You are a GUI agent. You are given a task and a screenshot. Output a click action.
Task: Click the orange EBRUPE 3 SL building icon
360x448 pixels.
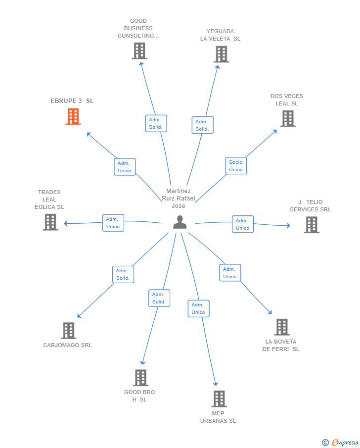tap(73, 116)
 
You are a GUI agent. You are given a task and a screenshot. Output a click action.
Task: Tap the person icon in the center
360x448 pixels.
tap(180, 222)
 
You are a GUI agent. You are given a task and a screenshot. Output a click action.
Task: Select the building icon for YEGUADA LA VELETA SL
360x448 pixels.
tap(221, 54)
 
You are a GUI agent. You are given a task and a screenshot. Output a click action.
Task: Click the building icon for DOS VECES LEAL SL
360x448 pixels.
tap(288, 118)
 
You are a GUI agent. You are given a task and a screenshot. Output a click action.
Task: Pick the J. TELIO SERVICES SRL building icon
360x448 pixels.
tap(311, 225)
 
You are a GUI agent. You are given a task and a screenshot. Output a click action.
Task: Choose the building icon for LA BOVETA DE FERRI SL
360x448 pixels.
tap(282, 327)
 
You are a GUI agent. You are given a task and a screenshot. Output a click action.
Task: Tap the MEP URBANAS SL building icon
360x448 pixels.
tap(219, 398)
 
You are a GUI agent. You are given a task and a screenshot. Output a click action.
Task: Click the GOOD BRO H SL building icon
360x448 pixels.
tap(140, 378)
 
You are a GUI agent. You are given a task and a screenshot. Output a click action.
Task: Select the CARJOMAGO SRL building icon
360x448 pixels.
tap(68, 330)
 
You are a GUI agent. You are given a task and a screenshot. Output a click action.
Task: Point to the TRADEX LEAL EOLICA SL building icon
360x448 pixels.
tap(50, 222)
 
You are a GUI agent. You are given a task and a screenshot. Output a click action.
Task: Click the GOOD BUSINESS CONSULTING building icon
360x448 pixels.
tap(139, 50)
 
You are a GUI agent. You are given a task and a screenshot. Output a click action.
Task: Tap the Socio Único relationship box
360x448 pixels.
tap(236, 166)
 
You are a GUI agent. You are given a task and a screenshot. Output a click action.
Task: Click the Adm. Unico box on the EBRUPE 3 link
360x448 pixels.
tap(125, 167)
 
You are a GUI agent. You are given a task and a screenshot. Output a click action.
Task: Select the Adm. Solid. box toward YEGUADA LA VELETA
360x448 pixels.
tap(202, 125)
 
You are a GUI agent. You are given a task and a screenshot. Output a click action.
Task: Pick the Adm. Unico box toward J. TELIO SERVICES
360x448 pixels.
tap(242, 224)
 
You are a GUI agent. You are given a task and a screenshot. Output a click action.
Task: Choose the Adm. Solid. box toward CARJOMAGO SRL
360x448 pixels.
tap(123, 274)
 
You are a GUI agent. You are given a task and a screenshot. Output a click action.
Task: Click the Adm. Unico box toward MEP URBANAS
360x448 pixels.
tap(198, 308)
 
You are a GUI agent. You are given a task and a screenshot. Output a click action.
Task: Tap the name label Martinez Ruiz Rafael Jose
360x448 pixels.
tap(179, 199)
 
